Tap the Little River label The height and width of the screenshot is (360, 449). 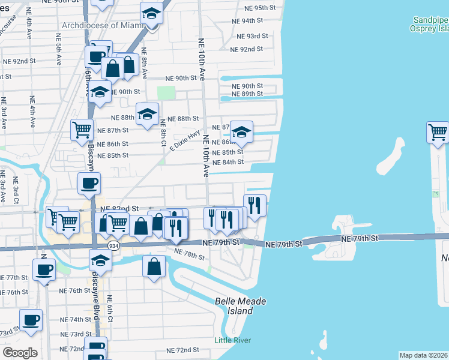[x=233, y=341]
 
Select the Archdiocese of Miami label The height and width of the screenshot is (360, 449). [x=104, y=26]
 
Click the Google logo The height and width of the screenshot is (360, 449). [x=20, y=353]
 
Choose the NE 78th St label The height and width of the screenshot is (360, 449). [x=189, y=254]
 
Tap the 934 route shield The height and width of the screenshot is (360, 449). [x=113, y=246]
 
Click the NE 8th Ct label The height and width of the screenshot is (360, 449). [x=163, y=132]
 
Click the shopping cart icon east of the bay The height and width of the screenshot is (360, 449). [x=438, y=132]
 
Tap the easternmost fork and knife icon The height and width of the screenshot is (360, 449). [x=255, y=205]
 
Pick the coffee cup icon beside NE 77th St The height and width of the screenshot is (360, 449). [x=44, y=269]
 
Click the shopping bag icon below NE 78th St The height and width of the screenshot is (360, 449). [x=154, y=266]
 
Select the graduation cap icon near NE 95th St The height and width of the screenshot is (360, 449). [x=151, y=13]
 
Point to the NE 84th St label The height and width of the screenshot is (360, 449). [x=228, y=162]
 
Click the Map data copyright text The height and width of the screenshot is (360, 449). [x=423, y=355]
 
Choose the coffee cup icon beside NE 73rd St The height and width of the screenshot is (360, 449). [x=31, y=320]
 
